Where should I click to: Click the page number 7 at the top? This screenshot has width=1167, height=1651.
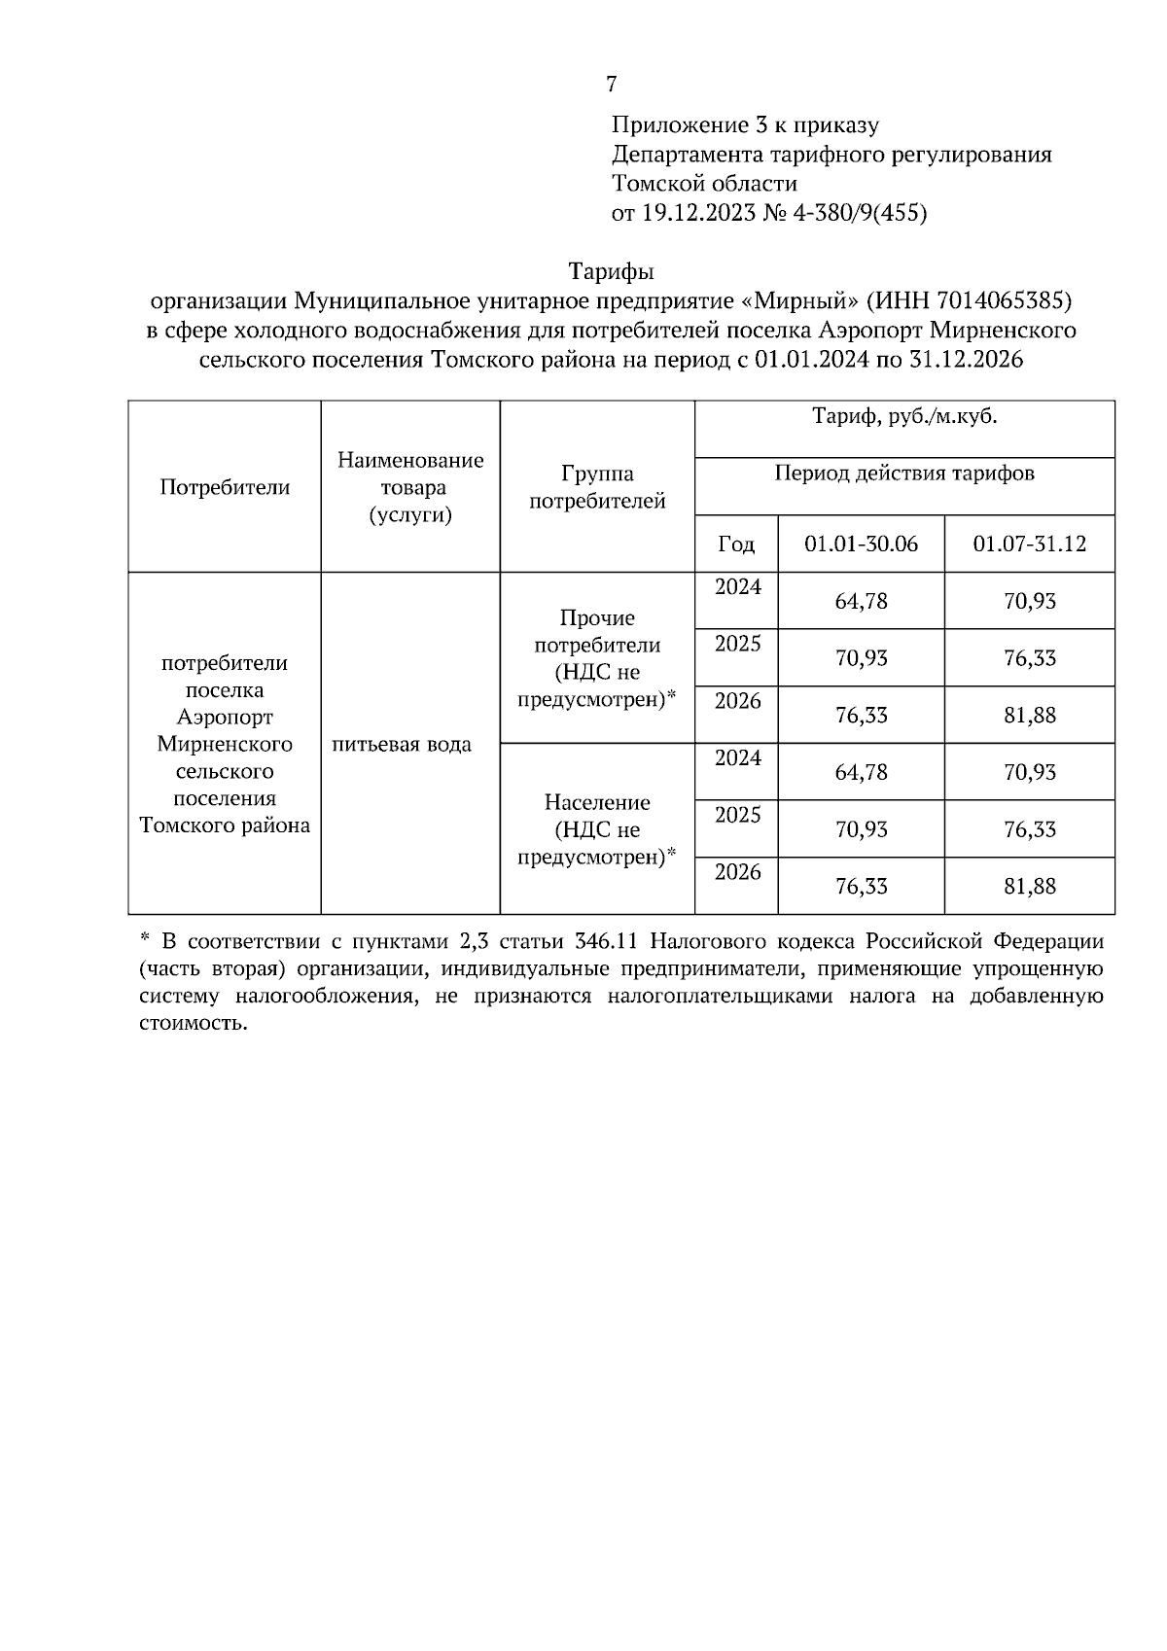(x=611, y=85)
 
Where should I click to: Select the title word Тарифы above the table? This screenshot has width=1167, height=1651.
(x=611, y=269)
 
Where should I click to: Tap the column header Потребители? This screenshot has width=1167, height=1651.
(x=225, y=487)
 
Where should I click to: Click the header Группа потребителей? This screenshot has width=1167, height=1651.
(x=596, y=487)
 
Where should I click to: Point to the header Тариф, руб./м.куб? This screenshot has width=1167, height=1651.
(x=904, y=418)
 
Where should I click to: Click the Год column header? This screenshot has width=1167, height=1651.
(x=736, y=544)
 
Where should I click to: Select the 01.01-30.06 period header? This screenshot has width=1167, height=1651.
(x=861, y=544)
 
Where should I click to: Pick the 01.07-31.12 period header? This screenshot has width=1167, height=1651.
(x=1029, y=544)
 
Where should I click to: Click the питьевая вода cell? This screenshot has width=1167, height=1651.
(x=402, y=745)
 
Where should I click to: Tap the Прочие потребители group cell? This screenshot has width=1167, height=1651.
(x=596, y=658)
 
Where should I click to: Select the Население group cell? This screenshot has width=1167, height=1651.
(x=596, y=829)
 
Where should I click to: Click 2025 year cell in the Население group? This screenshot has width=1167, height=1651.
(x=737, y=816)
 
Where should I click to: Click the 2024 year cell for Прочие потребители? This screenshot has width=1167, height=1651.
(x=737, y=587)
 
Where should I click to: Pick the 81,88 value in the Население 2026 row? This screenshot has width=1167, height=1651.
(x=1029, y=887)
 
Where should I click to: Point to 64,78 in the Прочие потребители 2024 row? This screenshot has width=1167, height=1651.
(x=861, y=601)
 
